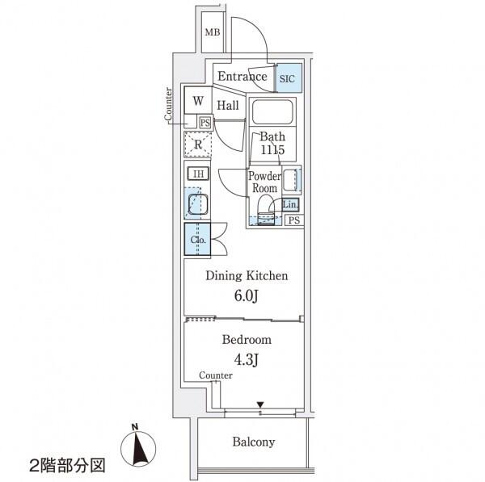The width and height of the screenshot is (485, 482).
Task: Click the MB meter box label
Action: click(213, 31)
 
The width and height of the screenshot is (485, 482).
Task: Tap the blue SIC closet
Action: click(289, 78)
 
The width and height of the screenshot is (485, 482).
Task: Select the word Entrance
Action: click(242, 77)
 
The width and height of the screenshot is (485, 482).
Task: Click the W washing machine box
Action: click(198, 100)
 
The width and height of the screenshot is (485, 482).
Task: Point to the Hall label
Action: click(228, 105)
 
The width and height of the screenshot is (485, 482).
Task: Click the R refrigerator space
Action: click(198, 145)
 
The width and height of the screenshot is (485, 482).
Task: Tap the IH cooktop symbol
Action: click(198, 174)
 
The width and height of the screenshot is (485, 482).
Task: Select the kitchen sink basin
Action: click(198, 204)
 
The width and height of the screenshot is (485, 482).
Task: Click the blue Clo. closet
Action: click(198, 239)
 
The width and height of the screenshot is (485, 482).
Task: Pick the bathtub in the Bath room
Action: click(272, 111)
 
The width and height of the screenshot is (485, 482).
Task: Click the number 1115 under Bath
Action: click(272, 150)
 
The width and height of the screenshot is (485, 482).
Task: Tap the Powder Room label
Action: click(265, 182)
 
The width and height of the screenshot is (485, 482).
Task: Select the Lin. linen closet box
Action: click(290, 204)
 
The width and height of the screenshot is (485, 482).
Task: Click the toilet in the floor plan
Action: click(266, 214)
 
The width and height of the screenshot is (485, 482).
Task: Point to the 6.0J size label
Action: click(247, 295)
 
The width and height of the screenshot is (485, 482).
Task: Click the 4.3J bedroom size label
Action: click(247, 359)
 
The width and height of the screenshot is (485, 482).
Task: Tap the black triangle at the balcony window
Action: click(260, 404)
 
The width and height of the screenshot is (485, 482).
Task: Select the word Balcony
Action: click(254, 442)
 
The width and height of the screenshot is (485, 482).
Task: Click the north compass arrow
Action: click(138, 448)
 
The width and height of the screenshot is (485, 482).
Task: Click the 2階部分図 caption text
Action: click(67, 466)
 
